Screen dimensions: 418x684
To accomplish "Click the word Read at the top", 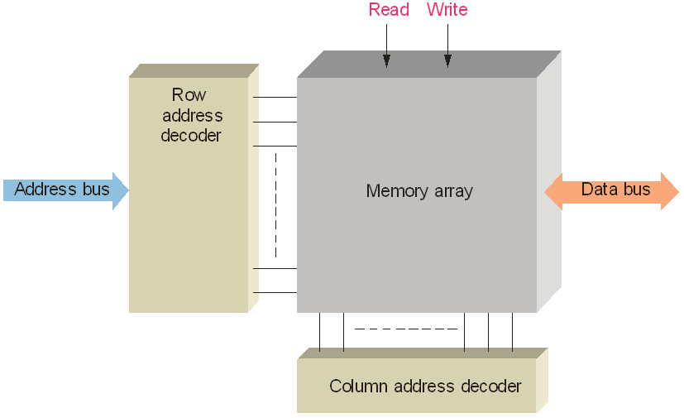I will tap(389, 10).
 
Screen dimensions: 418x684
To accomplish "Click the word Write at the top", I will tap(447, 10).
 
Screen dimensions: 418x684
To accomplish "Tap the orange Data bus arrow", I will tap(612, 190).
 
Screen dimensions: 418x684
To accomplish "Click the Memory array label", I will tap(419, 191).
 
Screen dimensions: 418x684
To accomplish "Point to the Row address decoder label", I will tap(191, 115).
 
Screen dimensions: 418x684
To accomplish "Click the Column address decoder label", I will tap(425, 387).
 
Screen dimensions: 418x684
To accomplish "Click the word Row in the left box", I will tap(189, 95).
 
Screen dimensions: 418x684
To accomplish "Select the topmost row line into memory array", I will tap(275, 97).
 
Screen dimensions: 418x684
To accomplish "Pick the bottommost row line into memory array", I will tap(275, 292).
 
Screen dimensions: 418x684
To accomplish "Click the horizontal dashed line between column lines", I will tap(405, 329).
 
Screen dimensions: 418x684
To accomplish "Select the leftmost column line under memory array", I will tap(319, 332).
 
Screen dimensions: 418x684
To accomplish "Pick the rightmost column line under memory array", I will tap(512, 332).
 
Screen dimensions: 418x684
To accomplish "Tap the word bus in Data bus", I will tap(637, 190).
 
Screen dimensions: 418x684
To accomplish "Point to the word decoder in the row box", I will tap(191, 135).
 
